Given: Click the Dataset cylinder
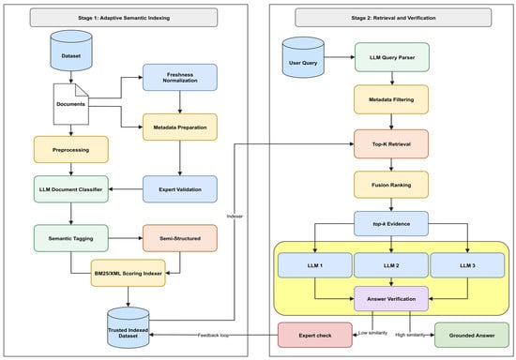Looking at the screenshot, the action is (71, 51).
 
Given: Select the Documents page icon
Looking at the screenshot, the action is (71, 104).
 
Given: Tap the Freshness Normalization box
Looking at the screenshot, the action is (180, 77).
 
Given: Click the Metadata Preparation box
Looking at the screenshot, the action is (180, 127).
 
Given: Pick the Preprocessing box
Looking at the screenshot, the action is (71, 150).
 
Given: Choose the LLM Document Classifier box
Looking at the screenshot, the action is (71, 189).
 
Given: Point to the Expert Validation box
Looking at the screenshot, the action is (180, 189).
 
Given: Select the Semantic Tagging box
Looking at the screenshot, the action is (71, 238).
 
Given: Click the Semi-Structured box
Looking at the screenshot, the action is (180, 238).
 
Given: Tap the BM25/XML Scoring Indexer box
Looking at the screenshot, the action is (128, 273).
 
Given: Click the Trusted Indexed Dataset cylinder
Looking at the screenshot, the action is (128, 328).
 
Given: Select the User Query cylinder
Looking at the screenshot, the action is (303, 57).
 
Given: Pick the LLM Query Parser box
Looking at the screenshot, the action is (392, 57).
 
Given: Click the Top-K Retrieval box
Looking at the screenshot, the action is (391, 144).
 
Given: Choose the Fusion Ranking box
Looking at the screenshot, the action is (391, 185).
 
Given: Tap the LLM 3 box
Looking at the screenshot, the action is (467, 265).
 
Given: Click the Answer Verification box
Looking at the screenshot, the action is (391, 299).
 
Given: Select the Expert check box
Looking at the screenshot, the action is (315, 335).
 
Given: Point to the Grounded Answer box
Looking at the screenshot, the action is (472, 335).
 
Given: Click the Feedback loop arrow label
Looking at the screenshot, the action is (213, 336).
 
